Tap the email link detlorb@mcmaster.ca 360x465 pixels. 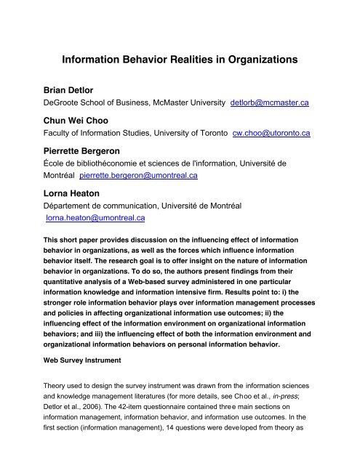pos(269,104)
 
